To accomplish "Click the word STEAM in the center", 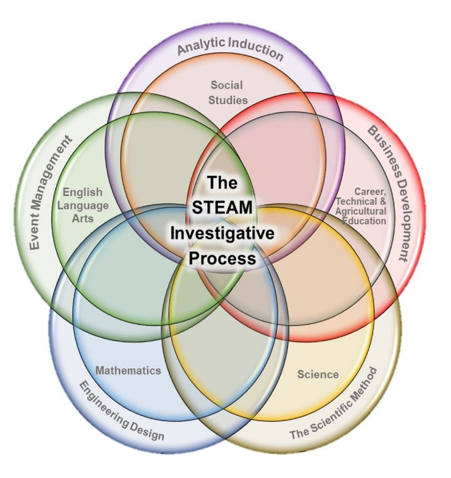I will (222, 208).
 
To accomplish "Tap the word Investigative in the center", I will (222, 233).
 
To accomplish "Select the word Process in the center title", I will (222, 258).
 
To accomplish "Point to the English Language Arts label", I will (84, 204).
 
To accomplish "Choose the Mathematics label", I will (128, 370).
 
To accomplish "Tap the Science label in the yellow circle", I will (317, 374).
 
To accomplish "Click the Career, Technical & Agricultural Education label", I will (362, 206).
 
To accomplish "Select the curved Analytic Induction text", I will (229, 49).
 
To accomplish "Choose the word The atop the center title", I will (222, 183).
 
